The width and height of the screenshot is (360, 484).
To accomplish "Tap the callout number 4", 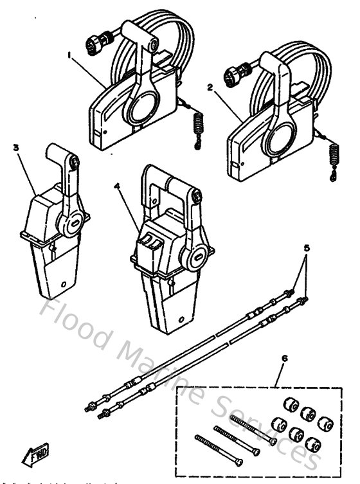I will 117,186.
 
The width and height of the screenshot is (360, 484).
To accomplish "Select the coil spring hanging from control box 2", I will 333,156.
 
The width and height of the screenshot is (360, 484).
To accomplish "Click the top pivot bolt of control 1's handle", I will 154,45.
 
